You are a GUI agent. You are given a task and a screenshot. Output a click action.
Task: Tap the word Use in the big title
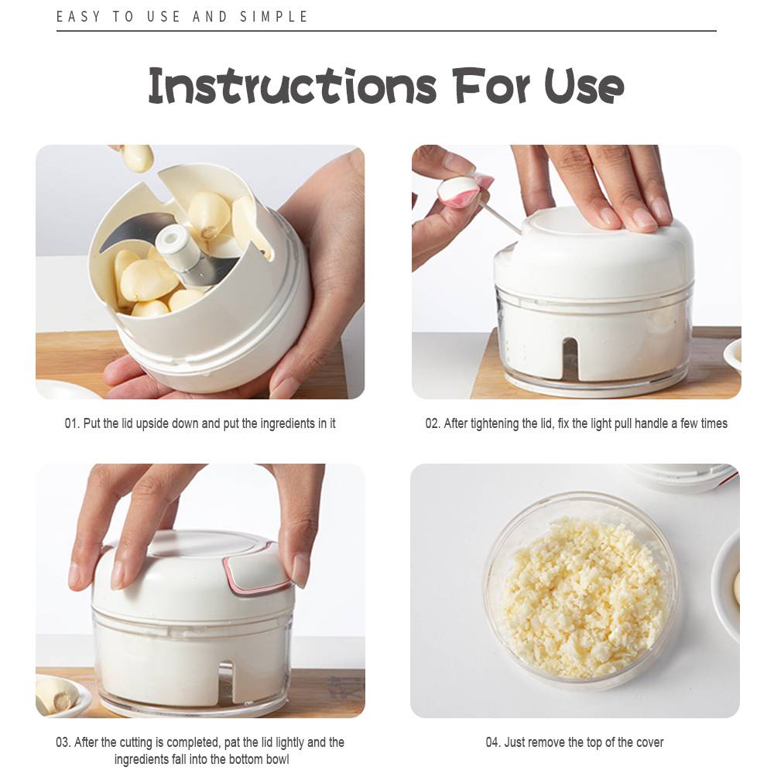click(x=584, y=87)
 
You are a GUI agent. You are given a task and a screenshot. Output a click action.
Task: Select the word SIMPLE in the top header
click(x=274, y=17)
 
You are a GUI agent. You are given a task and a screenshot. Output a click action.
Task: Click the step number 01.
click(x=71, y=423)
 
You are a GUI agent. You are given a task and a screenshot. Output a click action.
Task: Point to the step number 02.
click(x=433, y=423)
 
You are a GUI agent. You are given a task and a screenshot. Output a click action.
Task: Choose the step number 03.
click(x=63, y=742)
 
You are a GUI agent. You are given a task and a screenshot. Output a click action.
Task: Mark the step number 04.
click(x=493, y=742)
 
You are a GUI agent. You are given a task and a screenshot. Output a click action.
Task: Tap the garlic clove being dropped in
click(x=137, y=157)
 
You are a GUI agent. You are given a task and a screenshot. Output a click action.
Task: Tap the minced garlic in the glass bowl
click(x=583, y=597)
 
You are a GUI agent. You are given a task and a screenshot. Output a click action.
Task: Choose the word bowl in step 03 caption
click(x=277, y=759)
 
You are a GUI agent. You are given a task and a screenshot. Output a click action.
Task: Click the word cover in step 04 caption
click(x=649, y=742)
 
